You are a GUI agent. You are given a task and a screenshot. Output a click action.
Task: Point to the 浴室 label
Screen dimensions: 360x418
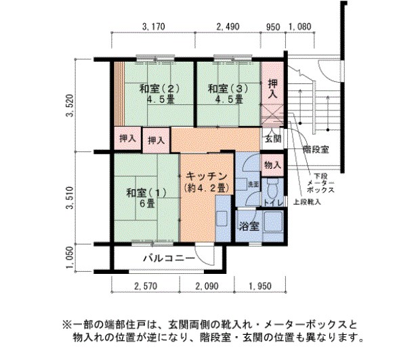(x=247, y=226)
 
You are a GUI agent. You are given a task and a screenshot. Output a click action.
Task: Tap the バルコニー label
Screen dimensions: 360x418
(x=169, y=258)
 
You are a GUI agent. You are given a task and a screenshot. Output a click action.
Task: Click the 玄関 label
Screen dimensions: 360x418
(x=272, y=139)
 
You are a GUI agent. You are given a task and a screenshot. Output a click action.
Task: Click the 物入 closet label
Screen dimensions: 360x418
(x=272, y=165)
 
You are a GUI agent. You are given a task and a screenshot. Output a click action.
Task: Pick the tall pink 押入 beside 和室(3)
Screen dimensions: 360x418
(x=272, y=89)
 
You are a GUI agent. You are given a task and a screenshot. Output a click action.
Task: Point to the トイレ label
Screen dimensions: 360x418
(x=273, y=202)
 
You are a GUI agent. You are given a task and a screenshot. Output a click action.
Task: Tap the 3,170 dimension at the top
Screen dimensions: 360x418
(x=155, y=27)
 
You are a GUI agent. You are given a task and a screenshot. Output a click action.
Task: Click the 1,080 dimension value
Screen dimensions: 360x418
(x=300, y=27)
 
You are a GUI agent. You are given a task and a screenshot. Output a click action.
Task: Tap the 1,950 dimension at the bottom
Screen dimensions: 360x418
(x=259, y=287)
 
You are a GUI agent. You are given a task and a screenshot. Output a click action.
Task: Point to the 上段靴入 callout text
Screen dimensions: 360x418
(x=307, y=202)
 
